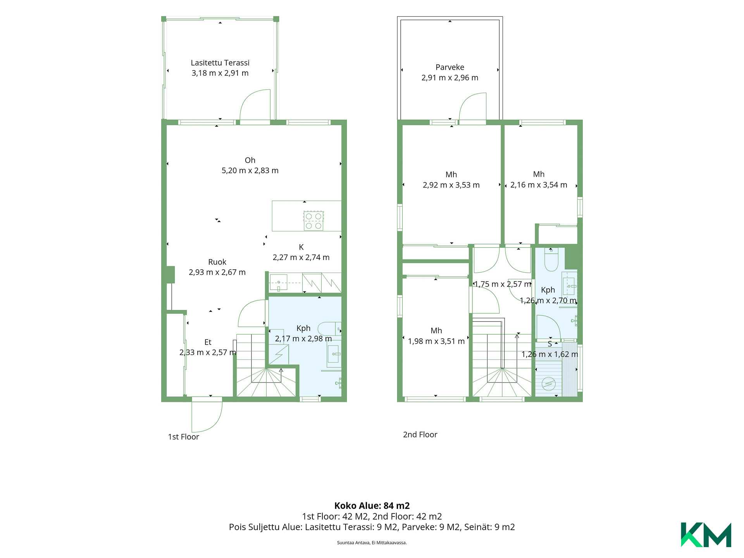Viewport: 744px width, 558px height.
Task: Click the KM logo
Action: pos(706,535)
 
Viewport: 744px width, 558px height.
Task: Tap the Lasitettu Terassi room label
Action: pos(220,63)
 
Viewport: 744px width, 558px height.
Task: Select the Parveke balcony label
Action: pos(450,67)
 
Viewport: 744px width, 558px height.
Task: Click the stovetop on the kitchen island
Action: pos(313,221)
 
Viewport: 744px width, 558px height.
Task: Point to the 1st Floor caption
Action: pos(183,437)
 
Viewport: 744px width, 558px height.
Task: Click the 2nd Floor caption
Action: pos(420,434)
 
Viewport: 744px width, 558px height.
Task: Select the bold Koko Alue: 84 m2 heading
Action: pos(372,506)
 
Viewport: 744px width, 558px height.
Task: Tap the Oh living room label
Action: pos(250,160)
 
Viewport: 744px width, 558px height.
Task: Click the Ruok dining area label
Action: pos(217,262)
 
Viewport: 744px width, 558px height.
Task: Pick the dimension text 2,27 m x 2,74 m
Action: pos(301,257)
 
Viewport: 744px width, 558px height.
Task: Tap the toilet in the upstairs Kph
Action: pos(551,259)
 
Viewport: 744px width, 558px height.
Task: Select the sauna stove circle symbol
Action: pos(549,384)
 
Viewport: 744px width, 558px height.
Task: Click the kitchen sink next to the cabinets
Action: pos(279,282)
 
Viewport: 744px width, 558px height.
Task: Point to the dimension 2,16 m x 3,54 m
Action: pos(539,185)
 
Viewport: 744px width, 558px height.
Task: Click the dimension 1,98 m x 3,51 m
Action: pos(436,341)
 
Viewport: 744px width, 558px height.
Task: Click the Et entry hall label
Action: pos(208,342)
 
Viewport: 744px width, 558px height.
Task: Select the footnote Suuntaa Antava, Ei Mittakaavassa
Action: pos(372,542)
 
